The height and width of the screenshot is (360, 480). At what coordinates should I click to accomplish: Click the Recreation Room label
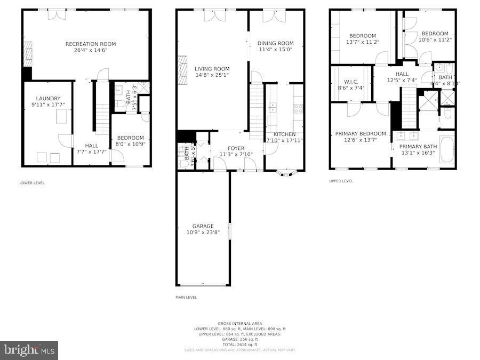90,44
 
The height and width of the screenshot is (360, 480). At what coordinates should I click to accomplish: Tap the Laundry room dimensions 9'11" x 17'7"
48,105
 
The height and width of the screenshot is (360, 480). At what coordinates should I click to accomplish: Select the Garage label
203,226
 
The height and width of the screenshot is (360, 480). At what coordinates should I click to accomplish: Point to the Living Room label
212,69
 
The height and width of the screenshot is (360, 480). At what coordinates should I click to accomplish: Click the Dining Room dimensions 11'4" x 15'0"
275,50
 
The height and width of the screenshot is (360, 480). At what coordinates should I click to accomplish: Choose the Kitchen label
284,134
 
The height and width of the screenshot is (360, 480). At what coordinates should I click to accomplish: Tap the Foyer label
236,148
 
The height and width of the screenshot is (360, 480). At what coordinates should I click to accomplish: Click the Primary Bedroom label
360,133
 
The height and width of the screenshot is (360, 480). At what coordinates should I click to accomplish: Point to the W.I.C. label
350,82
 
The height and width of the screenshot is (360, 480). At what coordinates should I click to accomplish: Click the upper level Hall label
402,74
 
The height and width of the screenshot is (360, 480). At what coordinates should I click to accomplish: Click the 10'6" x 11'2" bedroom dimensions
433,39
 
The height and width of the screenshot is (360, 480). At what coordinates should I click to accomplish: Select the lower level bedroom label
130,138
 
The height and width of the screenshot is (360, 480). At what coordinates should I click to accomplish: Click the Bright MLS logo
29,350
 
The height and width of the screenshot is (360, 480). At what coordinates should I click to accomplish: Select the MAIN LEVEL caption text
186,298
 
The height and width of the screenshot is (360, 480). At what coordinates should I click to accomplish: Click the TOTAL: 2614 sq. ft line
239,345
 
